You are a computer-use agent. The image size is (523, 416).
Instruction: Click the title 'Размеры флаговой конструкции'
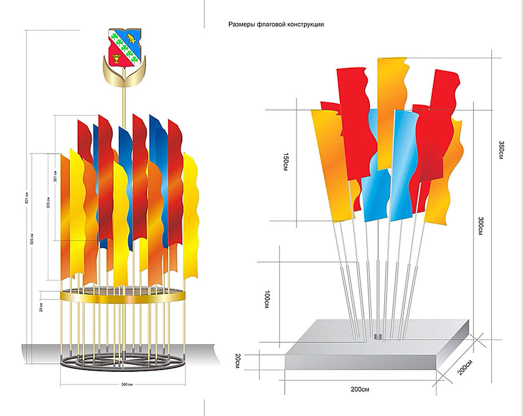(276, 25)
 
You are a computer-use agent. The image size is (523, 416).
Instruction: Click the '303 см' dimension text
(48, 203)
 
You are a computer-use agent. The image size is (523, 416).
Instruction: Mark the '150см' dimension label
(285, 161)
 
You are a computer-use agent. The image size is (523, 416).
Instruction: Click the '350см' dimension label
(500, 149)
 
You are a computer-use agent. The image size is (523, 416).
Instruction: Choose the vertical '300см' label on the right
(481, 227)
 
